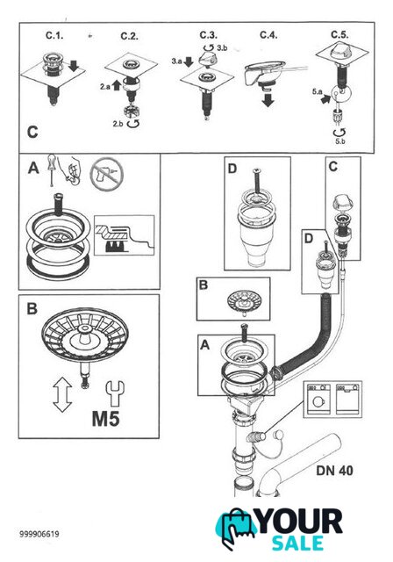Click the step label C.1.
(54, 35)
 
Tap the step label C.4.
(268, 35)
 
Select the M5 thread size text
(106, 418)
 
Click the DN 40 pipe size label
(334, 471)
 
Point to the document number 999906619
(39, 534)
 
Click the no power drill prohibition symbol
(107, 176)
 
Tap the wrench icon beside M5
(115, 393)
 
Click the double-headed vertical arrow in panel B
(62, 394)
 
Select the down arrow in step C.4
(268, 99)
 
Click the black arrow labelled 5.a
(325, 98)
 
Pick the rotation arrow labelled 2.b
(133, 124)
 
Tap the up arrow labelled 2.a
(117, 86)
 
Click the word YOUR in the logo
(300, 522)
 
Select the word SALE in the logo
(297, 543)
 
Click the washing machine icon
(318, 399)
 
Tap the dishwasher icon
(347, 399)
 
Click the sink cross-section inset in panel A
(124, 235)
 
